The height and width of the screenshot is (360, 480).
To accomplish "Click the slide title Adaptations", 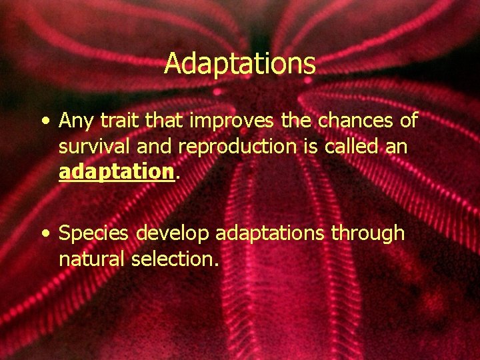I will point(239,64).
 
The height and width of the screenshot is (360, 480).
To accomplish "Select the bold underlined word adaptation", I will point(117,172).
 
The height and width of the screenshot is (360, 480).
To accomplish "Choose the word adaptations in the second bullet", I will point(273,234).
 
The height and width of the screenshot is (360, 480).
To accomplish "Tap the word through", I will point(372,234).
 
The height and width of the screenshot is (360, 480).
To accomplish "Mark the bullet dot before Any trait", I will point(44,123).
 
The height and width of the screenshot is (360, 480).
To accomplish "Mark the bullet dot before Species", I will point(44,235).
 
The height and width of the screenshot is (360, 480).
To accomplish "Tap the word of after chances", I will point(407,121).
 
